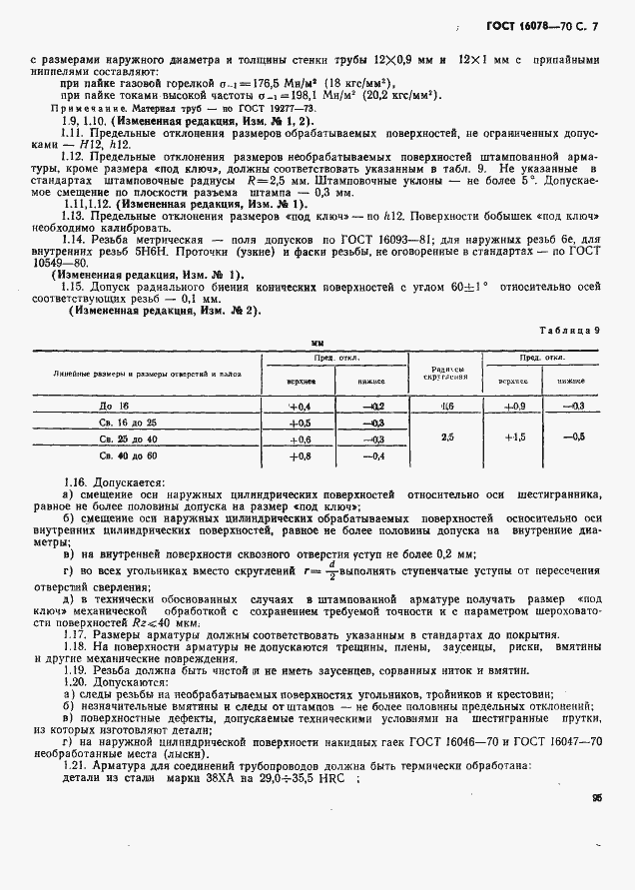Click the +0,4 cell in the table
pos(300,407)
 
